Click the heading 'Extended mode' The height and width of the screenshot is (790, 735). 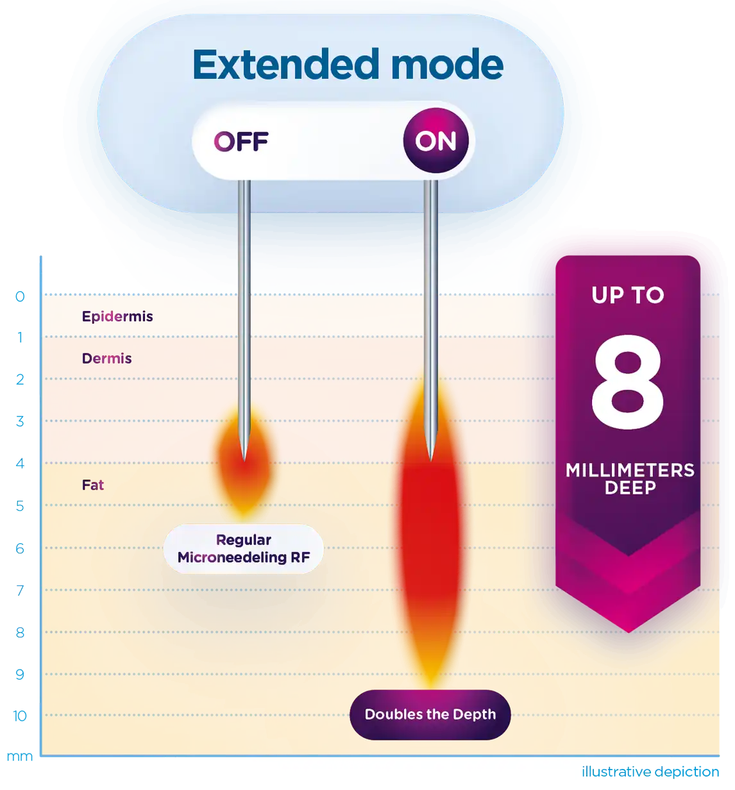[348, 65]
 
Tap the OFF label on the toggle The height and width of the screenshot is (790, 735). [241, 141]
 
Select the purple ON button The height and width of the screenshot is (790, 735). [435, 141]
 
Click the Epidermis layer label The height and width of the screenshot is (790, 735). [117, 316]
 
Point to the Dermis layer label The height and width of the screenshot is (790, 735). [106, 358]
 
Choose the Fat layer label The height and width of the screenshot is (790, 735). [93, 485]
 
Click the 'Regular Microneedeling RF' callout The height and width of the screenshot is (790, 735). [244, 549]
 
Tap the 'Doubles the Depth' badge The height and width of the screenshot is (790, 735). [430, 714]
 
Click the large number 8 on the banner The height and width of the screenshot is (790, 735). [627, 382]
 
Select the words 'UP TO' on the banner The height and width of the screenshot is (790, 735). [627, 295]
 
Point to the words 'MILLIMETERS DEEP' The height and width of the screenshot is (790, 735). [630, 479]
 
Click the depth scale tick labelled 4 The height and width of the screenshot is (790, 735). [20, 464]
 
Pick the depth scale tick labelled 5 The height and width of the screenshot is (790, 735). [20, 506]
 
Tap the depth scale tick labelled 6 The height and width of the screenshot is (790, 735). [20, 548]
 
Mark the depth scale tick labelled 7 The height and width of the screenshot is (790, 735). [20, 590]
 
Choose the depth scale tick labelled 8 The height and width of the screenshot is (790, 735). [20, 632]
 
